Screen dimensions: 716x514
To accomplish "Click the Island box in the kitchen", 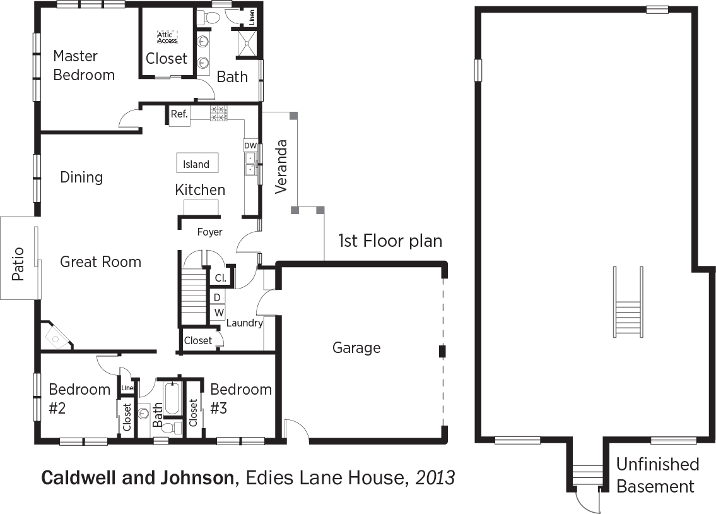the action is (197, 163).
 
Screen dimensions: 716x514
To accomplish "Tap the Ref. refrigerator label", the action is (179, 114).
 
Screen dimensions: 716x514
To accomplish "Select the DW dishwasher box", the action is (250, 145).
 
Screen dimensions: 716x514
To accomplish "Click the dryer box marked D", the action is (218, 297).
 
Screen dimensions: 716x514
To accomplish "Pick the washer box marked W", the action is (219, 313).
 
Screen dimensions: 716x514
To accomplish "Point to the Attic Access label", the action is (167, 37).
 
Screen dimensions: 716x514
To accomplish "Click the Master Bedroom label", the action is (83, 65).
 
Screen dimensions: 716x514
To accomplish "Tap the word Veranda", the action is (281, 167).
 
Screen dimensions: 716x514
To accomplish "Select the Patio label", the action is (18, 263).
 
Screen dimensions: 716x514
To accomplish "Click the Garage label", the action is (356, 348).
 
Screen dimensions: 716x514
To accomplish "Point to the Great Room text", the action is (100, 262).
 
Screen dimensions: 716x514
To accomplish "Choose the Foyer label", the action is (209, 232).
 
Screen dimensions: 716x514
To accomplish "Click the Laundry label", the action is (245, 323).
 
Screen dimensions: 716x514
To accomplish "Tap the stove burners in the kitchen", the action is (218, 113).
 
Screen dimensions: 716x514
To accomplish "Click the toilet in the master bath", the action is (211, 18).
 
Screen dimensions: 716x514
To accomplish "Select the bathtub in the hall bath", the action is (173, 398).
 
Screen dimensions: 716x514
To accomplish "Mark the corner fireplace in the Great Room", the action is (56, 335).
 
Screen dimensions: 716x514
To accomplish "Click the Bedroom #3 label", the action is (240, 398).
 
